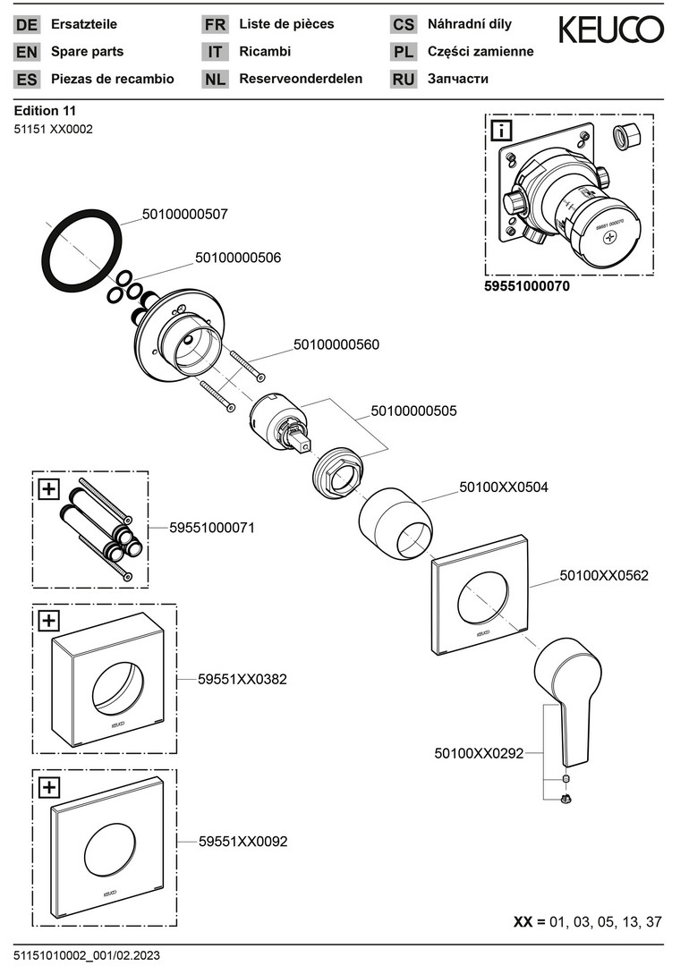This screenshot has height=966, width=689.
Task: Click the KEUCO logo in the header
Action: (x=611, y=30)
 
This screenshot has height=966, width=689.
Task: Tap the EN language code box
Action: (x=27, y=52)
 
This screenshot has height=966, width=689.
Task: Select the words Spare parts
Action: (x=88, y=52)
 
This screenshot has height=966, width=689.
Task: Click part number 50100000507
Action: (x=185, y=215)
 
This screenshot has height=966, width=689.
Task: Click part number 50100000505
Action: (x=414, y=411)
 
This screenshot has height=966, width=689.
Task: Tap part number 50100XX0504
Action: (x=504, y=487)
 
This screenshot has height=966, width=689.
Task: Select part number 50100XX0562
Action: (x=604, y=577)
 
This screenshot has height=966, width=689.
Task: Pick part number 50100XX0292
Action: (x=479, y=754)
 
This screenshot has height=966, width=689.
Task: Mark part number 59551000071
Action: (x=212, y=528)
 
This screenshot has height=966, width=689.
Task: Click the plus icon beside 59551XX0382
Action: (x=49, y=620)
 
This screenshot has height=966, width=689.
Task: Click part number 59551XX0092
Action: (x=242, y=842)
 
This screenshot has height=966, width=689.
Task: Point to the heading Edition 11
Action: (x=45, y=111)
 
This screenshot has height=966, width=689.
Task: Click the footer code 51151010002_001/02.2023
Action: (x=87, y=956)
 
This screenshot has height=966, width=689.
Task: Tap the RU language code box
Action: (x=404, y=79)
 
